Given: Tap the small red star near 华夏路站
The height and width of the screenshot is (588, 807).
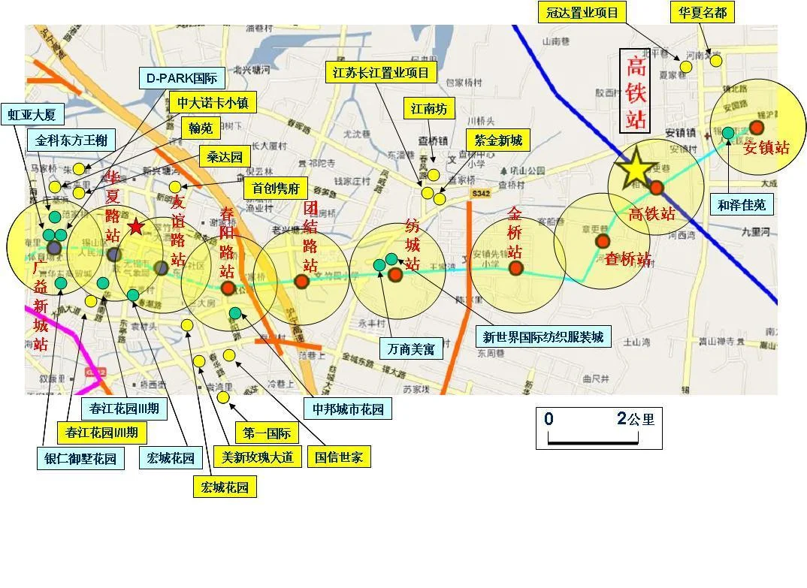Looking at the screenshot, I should click(135, 227).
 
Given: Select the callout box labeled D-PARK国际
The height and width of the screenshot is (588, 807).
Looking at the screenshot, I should click(181, 77).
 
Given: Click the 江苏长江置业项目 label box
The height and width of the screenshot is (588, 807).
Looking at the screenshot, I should click(381, 73).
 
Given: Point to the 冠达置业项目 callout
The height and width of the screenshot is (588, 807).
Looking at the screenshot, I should click(582, 13).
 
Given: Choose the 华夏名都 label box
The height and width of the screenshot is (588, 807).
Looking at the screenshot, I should click(703, 13).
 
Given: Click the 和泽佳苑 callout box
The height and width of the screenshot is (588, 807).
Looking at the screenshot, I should click(742, 204).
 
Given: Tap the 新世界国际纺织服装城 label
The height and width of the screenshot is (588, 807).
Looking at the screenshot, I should click(543, 336).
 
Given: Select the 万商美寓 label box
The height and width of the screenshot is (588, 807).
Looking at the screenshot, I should click(411, 349).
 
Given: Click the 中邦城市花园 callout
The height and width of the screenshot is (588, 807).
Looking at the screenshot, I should click(348, 409).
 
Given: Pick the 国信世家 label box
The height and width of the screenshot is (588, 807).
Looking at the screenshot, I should click(338, 457).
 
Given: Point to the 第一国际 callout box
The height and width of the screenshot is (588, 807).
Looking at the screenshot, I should click(267, 433).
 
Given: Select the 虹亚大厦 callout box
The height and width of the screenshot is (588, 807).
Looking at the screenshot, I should click(32, 114).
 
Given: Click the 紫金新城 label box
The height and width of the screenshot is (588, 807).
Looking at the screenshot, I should click(497, 140).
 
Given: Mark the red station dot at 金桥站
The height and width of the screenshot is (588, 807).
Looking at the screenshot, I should click(515, 268).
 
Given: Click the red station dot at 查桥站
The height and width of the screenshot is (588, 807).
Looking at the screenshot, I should click(603, 241).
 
